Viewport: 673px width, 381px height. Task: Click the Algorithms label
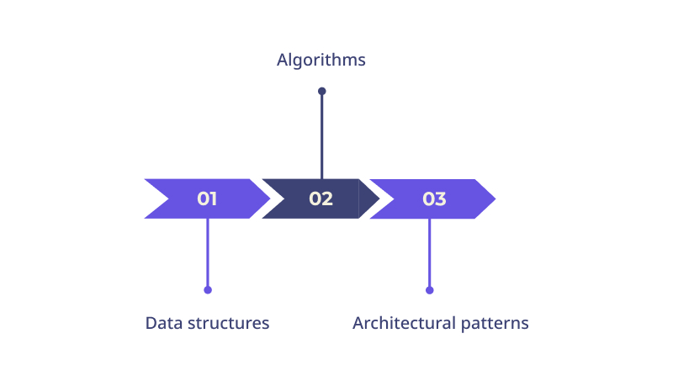321,61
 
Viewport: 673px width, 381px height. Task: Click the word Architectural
404,323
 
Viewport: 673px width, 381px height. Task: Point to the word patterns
495,325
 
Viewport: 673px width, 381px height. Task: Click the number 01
207,198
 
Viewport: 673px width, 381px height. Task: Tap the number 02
321,198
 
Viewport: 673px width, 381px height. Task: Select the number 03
434,198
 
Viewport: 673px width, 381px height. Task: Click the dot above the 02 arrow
322,91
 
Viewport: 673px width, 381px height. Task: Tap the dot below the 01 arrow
208,290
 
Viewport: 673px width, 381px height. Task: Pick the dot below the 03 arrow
430,290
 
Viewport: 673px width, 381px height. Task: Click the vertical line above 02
322,136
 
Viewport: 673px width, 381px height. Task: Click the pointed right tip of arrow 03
495,198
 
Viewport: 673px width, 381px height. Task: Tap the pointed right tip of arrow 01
270,198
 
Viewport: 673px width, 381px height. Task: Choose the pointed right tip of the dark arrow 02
380,198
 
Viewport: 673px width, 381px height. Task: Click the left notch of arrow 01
169,198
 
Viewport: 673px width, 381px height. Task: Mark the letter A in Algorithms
282,60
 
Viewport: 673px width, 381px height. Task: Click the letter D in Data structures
151,324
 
